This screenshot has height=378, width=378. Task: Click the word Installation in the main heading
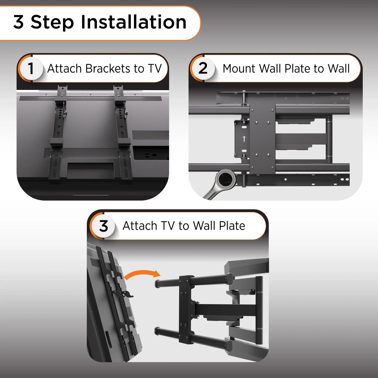pos(133,22)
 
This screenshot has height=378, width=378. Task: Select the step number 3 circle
pos(103,226)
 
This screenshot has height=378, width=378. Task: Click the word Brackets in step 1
pos(108,69)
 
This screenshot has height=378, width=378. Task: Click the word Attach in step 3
pos(140,226)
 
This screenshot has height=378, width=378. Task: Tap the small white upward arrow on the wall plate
pos(244,139)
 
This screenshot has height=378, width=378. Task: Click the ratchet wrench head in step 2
pos(226,179)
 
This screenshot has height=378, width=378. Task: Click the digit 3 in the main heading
pos(19,22)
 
